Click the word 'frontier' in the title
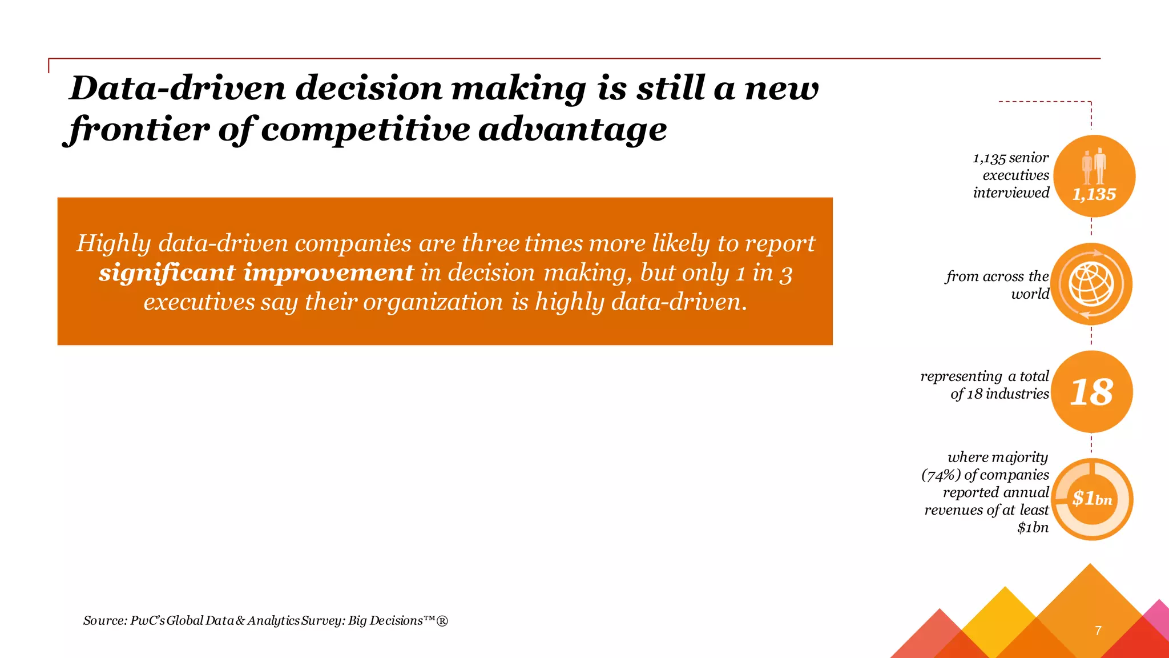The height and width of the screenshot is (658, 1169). click(136, 129)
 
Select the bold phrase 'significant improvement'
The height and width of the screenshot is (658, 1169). click(256, 272)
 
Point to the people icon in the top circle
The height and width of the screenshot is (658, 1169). click(1094, 167)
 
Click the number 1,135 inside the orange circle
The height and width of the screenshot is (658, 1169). click(1094, 194)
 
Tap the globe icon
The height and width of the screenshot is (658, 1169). click(1091, 284)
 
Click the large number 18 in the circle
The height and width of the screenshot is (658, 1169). click(1091, 392)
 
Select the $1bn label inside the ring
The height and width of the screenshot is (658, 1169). click(1092, 499)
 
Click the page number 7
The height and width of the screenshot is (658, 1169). click(1098, 631)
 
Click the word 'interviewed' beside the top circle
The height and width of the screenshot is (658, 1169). click(1011, 192)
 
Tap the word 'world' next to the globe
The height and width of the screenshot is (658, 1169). click(1030, 294)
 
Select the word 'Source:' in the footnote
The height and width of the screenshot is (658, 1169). click(104, 620)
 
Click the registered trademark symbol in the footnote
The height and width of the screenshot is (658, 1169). click(442, 621)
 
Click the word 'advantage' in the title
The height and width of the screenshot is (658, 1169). click(573, 129)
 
